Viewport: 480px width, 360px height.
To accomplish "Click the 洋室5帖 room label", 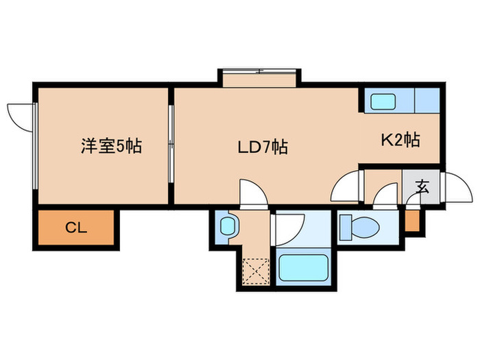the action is coord(111,146).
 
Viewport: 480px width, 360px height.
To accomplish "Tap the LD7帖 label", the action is coord(263,147).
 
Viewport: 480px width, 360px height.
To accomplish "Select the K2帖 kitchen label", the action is coord(400,140).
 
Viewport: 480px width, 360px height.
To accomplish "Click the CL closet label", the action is coord(76,228).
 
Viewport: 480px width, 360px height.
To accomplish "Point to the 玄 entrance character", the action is coord(422,187).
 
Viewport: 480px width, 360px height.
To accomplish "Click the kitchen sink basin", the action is coord(383,101).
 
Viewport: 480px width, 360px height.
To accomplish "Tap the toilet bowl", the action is coord(365,227).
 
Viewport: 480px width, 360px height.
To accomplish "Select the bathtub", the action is coord(303,267).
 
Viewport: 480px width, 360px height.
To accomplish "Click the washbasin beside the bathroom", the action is coord(228,226).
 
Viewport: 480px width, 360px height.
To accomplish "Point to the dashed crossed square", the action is coord(256,272).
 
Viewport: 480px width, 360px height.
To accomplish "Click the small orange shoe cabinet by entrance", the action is coord(412,221).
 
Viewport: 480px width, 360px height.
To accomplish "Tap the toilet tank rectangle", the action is coord(346,227).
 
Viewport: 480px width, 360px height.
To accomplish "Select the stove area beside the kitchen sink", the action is coord(427,100).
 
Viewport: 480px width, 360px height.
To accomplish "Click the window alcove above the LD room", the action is coord(259,78).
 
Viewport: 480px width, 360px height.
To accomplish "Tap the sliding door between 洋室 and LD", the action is coord(171,144).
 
